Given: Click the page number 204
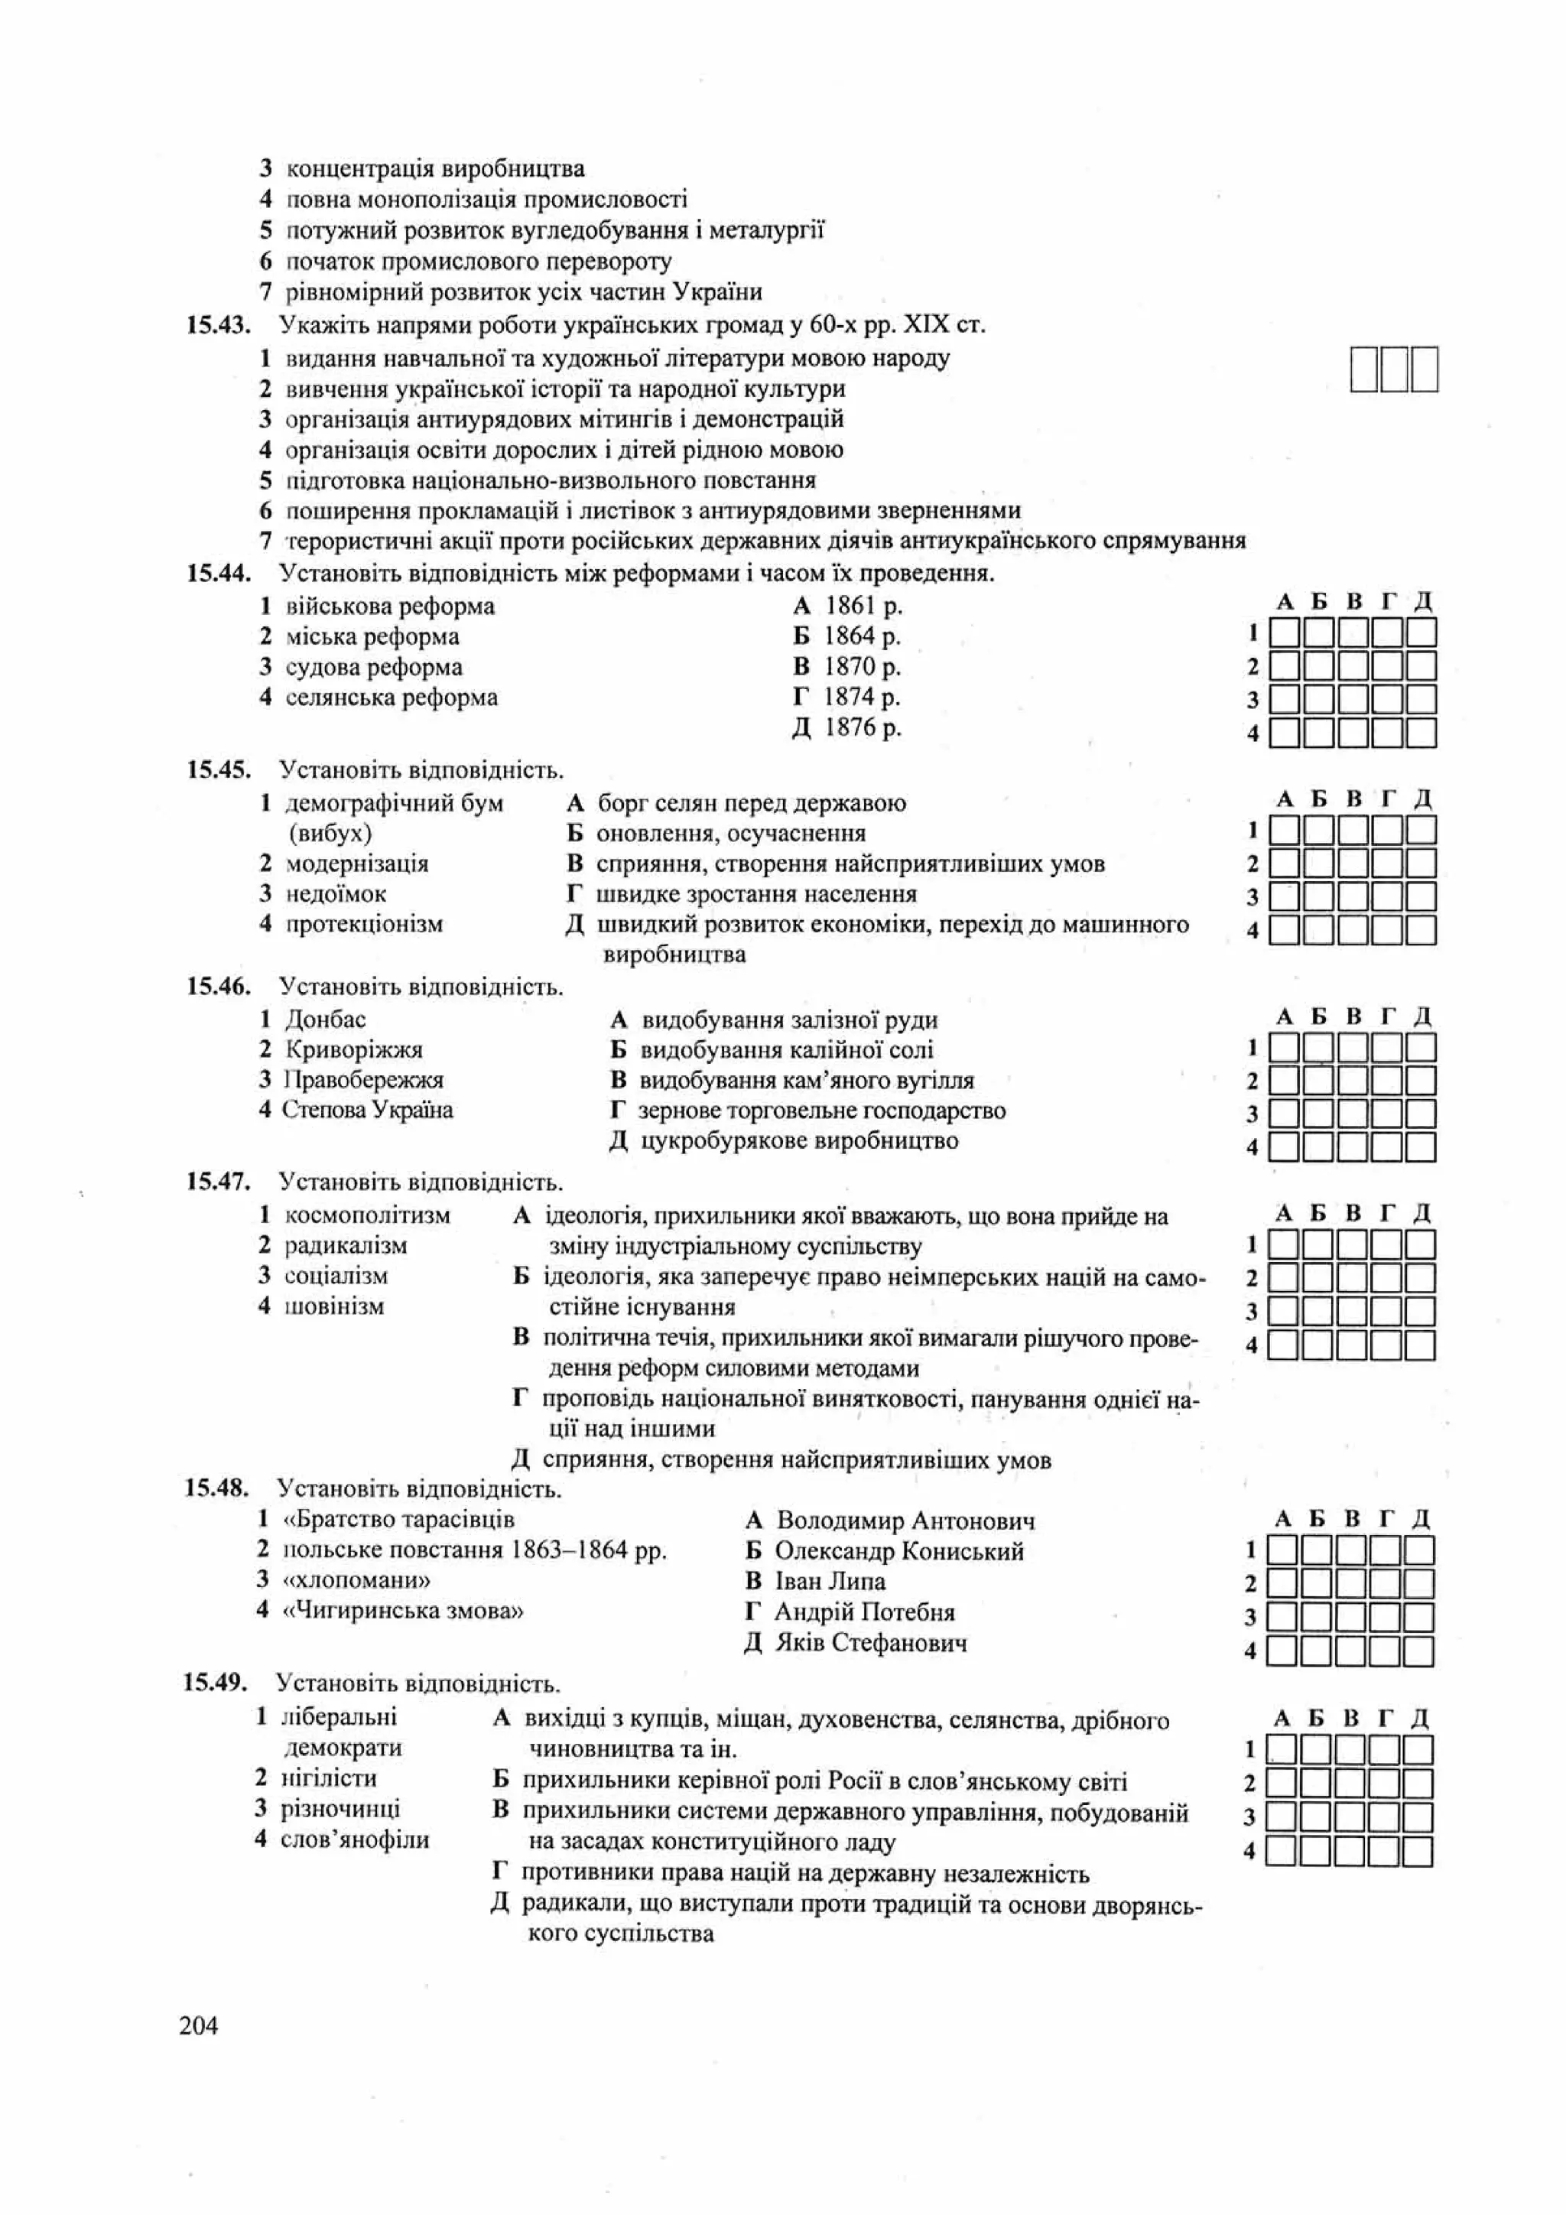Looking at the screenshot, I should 199,2025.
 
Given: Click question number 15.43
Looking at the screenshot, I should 218,325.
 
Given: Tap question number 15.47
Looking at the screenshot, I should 218,1182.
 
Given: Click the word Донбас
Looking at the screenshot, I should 326,1020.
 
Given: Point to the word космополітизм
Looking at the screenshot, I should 367,1215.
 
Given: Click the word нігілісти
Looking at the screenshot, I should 328,1778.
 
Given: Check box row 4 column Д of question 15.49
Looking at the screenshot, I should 1417,1851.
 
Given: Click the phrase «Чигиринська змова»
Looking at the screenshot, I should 402,1610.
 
